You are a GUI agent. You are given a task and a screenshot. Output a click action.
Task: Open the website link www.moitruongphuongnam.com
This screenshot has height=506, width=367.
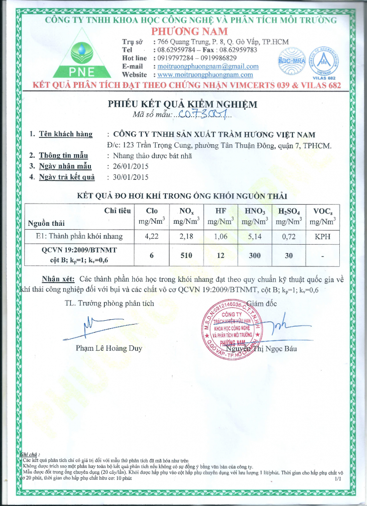click(x=205, y=75)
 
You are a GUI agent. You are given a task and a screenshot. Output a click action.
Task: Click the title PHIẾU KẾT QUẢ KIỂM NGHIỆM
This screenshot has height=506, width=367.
click(x=183, y=104)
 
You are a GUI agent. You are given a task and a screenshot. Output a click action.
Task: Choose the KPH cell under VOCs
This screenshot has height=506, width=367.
click(x=322, y=236)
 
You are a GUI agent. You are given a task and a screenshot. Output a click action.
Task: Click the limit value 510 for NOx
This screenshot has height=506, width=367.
click(x=186, y=255)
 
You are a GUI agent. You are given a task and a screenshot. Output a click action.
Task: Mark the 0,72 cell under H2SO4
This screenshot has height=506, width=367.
click(x=289, y=236)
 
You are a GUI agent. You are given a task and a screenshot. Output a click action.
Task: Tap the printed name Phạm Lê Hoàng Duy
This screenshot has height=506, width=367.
click(x=109, y=348)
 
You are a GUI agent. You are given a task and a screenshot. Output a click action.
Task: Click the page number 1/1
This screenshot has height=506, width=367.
click(x=338, y=479)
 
